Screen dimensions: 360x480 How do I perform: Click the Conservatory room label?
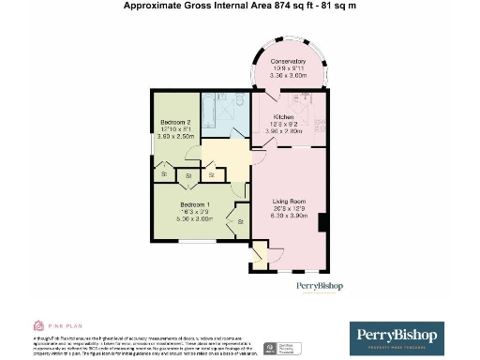(x=289, y=61)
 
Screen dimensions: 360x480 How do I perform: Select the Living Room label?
(x=289, y=200)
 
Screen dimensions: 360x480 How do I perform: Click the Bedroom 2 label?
(x=176, y=123)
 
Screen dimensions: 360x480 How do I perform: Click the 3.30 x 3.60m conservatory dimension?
(x=289, y=75)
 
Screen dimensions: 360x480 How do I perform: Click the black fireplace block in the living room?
(x=322, y=222)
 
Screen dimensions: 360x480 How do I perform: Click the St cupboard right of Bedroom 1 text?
(x=241, y=221)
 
